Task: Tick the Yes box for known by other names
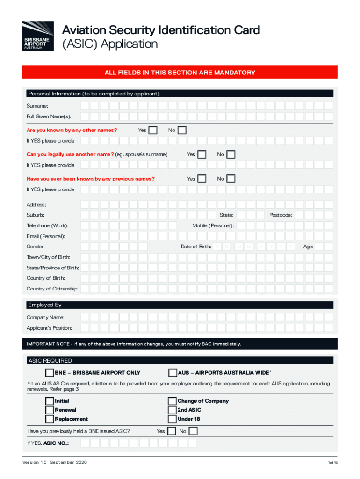point(152,130)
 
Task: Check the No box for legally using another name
point(231,154)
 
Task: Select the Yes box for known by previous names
point(202,179)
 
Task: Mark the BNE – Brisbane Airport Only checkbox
point(50,373)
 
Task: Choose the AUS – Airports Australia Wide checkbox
point(173,373)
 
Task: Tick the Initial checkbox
point(50,401)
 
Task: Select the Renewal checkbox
point(50,410)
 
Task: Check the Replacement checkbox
point(50,419)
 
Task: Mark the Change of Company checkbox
point(172,401)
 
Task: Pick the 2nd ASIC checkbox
point(172,410)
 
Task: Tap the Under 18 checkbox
point(172,419)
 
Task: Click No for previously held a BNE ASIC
point(193,431)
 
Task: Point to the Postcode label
point(281,215)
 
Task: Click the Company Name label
point(45,318)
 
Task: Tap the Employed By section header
point(45,305)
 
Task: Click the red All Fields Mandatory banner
point(180,73)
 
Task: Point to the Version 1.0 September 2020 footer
point(55,463)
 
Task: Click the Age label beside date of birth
point(308,247)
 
